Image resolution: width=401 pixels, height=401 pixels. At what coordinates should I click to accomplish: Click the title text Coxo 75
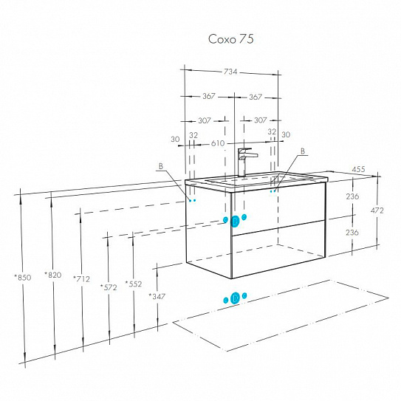click(230, 39)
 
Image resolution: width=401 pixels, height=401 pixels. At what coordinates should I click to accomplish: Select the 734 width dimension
click(230, 72)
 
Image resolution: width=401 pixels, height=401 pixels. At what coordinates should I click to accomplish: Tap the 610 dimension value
click(218, 143)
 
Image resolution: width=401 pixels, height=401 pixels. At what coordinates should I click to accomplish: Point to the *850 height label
click(23, 277)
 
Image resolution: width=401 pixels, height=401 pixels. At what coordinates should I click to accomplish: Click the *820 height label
click(53, 275)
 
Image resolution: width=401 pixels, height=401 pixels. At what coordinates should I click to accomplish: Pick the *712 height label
click(81, 278)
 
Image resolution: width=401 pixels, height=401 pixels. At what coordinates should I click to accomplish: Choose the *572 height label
click(109, 287)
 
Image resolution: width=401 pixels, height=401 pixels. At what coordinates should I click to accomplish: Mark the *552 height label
click(134, 284)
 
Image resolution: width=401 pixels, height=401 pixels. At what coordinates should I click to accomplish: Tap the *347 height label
click(157, 296)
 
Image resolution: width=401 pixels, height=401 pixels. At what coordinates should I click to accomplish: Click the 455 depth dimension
click(359, 169)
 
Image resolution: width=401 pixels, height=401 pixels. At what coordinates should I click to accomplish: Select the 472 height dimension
click(377, 210)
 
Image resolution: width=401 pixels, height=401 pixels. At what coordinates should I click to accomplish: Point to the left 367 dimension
click(209, 96)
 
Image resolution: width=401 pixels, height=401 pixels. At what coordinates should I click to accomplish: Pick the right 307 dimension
click(261, 120)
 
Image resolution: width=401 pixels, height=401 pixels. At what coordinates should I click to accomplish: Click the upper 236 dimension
click(352, 196)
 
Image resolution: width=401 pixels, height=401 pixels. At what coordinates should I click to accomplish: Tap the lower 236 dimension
click(352, 232)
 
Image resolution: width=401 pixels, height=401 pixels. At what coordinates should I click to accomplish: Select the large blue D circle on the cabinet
click(235, 222)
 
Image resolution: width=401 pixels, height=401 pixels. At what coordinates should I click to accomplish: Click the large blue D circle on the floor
click(235, 298)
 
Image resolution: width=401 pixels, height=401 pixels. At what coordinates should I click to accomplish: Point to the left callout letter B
click(160, 166)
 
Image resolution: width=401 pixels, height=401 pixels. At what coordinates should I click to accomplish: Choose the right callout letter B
click(303, 151)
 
